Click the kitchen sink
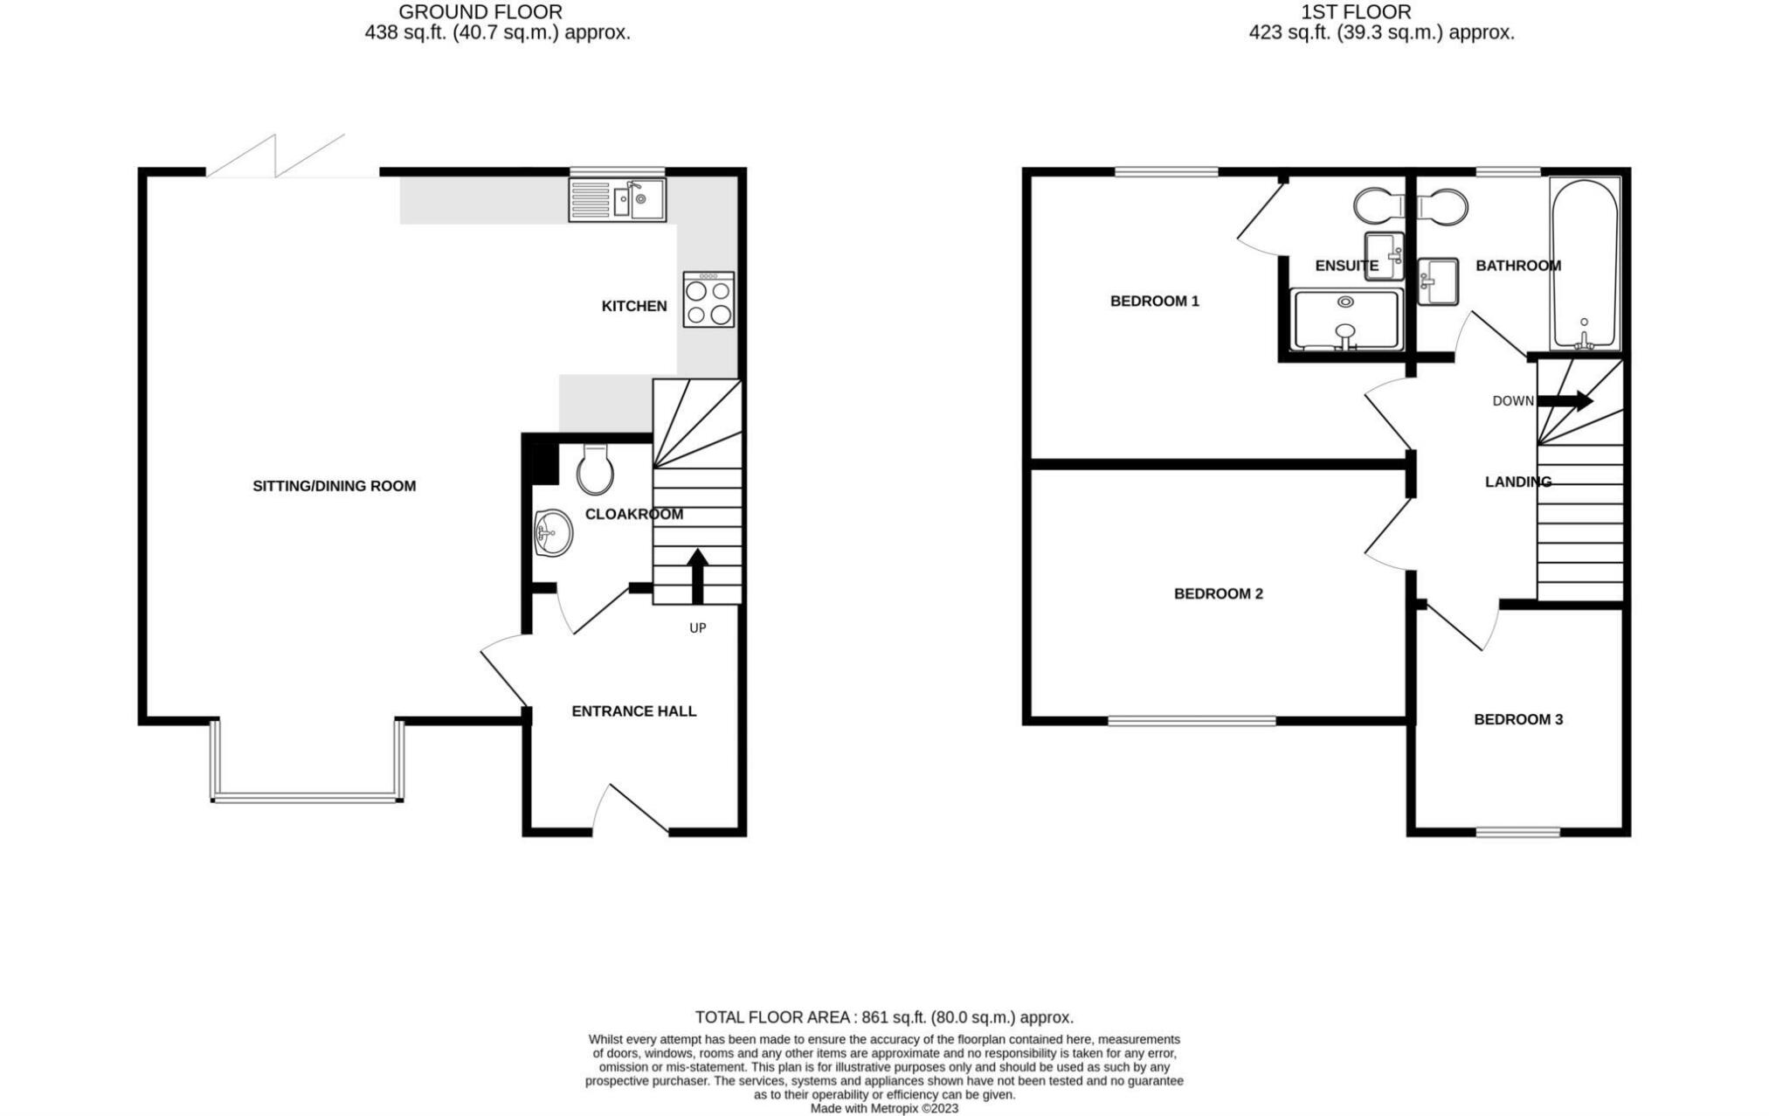[617, 199]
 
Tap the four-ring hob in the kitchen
[708, 299]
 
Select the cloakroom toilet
[596, 470]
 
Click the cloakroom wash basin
[553, 532]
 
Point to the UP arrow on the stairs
[697, 576]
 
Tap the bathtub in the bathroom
[1585, 264]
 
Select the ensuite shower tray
[1346, 319]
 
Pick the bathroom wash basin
[1438, 281]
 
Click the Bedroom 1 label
[1154, 302]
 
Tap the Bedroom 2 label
[1218, 594]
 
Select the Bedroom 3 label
[1518, 720]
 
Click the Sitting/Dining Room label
[334, 487]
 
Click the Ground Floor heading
[480, 12]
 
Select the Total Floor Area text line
[884, 1018]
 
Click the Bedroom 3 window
[1518, 832]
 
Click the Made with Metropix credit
[884, 1109]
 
